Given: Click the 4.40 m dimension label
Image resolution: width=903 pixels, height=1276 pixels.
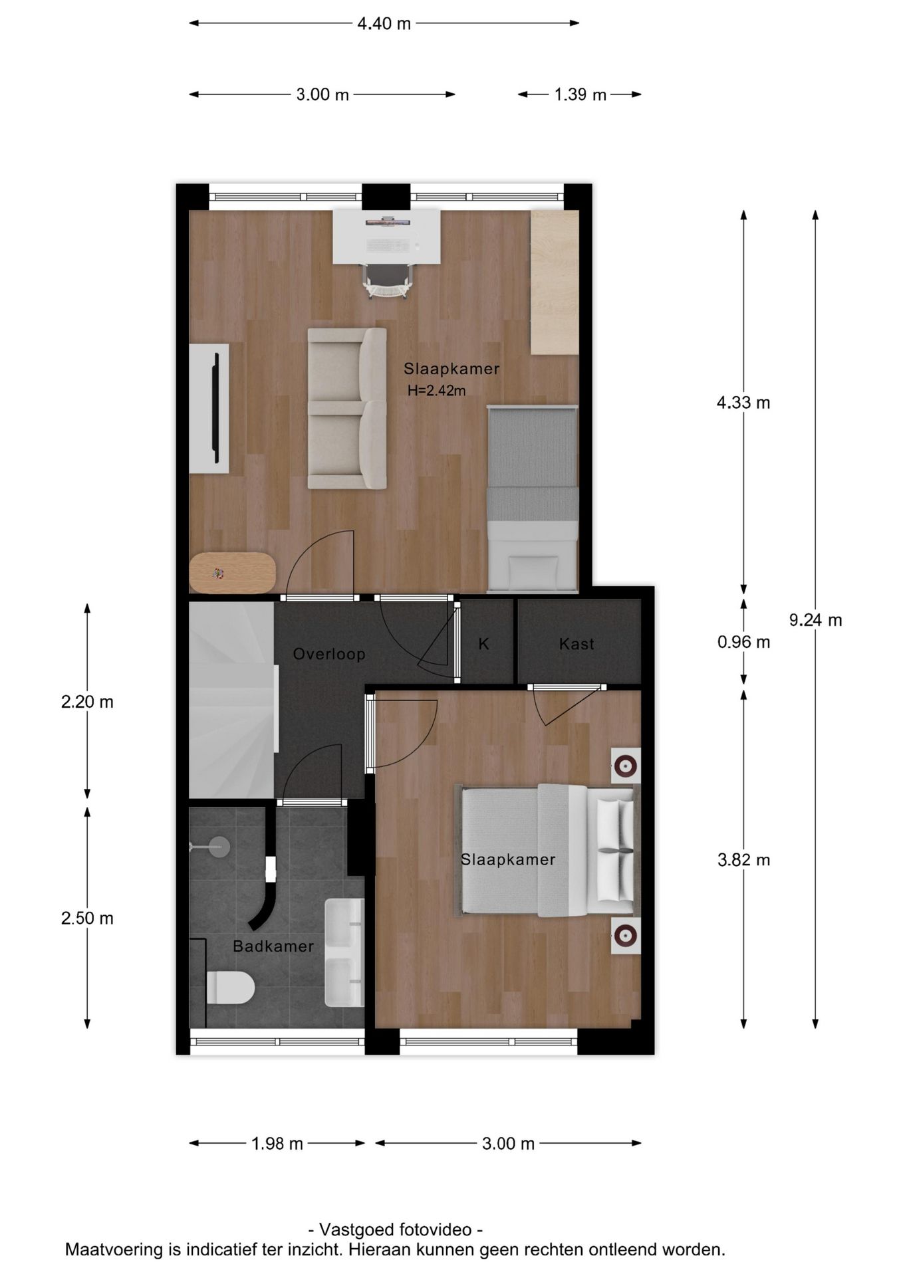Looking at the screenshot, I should click(384, 24).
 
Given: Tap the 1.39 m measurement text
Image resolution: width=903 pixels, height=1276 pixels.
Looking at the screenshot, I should click(580, 95).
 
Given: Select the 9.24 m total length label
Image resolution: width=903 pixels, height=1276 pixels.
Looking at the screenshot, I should click(815, 620).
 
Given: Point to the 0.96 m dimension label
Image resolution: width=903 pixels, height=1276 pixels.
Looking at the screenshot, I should click(743, 642).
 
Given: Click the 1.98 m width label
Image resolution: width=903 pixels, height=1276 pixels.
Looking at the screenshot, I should click(277, 1144).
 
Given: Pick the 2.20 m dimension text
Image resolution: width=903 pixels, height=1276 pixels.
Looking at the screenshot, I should click(87, 702).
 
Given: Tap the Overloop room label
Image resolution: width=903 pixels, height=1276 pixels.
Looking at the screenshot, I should click(329, 654).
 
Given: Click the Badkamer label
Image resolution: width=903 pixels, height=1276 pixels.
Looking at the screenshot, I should click(273, 946).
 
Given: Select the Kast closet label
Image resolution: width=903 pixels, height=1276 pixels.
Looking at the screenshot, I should click(577, 643).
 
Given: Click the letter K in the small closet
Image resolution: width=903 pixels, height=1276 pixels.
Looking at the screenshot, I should click(484, 643).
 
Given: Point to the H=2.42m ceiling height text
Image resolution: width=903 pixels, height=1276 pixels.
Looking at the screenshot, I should click(436, 391).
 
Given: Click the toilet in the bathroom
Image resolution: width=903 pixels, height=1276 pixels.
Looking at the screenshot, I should click(229, 988).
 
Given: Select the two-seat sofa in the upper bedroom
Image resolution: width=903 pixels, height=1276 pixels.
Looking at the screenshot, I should click(346, 408).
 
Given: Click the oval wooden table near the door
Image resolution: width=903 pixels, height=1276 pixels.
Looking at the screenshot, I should click(232, 572).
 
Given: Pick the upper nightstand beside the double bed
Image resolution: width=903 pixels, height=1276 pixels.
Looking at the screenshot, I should click(625, 766).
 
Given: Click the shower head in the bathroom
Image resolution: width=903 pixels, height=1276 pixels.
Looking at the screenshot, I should click(217, 846).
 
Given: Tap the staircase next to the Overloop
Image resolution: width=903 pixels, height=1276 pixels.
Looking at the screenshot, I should click(231, 700).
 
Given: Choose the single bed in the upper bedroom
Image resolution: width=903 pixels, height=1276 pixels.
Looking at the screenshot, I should click(532, 498).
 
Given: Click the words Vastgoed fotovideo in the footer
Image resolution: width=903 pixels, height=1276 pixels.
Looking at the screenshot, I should click(395, 1229).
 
